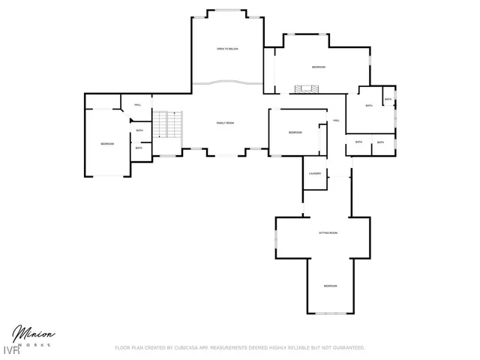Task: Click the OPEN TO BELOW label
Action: tap(227, 49)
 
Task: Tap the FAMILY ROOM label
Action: tap(226, 122)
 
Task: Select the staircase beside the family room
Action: tap(168, 124)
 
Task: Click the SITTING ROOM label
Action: tap(328, 233)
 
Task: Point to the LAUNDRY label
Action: tap(315, 174)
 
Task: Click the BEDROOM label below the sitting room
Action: tap(330, 286)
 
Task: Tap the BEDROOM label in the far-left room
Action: tap(108, 143)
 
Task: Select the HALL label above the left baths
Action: tap(138, 104)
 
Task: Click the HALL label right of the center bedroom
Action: tap(337, 120)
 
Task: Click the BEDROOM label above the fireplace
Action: tap(319, 67)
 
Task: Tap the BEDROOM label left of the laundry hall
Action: tap(295, 133)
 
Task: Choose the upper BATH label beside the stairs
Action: tap(140, 131)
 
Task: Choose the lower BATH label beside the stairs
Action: tap(139, 148)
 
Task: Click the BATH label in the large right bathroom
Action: tap(369, 106)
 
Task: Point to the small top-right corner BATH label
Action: tap(388, 100)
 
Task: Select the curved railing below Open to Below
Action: tap(227, 81)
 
